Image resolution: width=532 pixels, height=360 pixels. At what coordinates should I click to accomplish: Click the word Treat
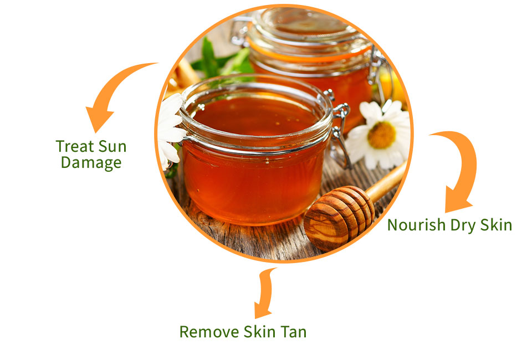point(75,146)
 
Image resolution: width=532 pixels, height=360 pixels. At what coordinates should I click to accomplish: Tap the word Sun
point(112,146)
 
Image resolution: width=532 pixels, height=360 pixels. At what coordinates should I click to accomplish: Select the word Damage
point(91,163)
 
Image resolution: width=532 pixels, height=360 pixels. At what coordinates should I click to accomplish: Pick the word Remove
point(209,332)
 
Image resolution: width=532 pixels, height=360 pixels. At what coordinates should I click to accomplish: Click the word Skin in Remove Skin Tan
point(259,332)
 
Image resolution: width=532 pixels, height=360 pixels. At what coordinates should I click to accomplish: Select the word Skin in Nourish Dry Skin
point(496,225)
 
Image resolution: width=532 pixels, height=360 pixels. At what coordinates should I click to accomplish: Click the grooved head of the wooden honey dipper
point(339,217)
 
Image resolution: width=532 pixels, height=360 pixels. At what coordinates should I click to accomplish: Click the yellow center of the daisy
point(382,135)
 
